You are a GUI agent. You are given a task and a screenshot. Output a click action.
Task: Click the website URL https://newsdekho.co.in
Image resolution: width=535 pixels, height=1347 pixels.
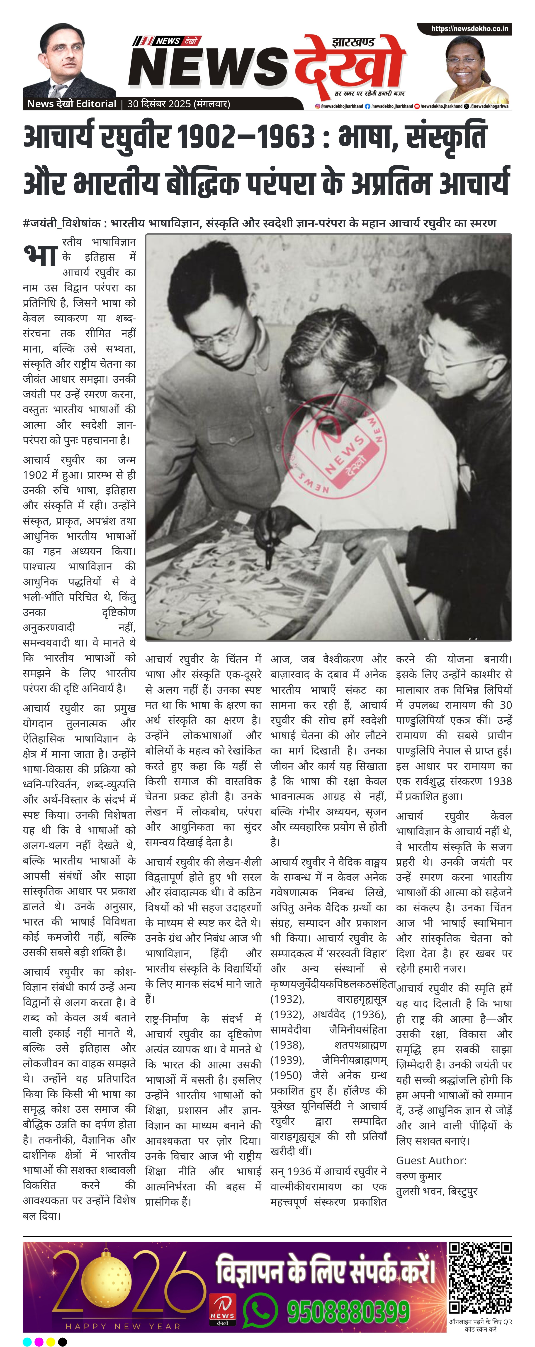[x=469, y=29]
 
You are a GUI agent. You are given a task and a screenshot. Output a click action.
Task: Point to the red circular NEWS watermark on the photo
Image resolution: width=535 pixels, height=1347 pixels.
[x=334, y=447]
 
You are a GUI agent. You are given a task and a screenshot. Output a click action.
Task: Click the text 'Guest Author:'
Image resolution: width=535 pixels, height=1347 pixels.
[x=431, y=1160]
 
